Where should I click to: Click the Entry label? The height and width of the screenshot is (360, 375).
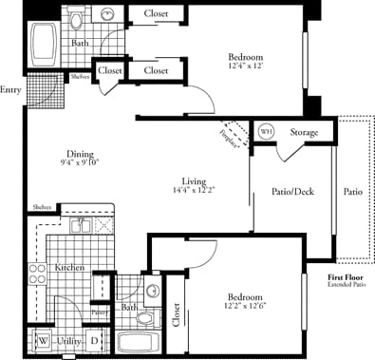coord(10,90)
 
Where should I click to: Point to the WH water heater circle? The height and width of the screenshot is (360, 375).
coord(265,131)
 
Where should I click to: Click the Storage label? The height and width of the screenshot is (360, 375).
coord(304,132)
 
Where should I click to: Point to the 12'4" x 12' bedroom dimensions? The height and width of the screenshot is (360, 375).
coord(246,66)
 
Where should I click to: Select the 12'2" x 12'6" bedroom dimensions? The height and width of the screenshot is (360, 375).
coord(243,306)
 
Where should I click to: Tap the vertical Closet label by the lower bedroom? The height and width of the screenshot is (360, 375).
coord(177,316)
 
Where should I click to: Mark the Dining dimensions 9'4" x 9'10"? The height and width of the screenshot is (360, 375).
coord(80,162)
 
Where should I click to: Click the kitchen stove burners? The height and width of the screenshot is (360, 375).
coord(38,275)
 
